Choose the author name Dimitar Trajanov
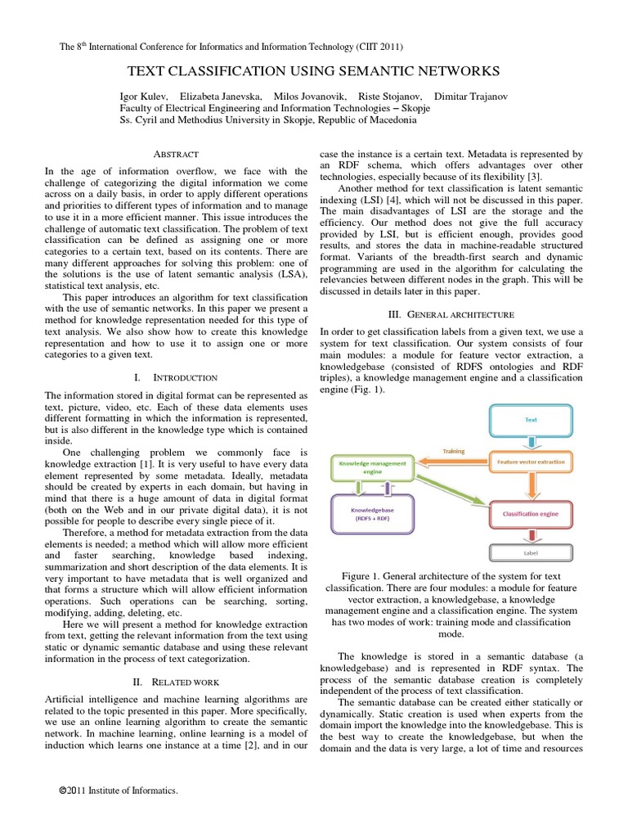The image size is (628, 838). (470, 96)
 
